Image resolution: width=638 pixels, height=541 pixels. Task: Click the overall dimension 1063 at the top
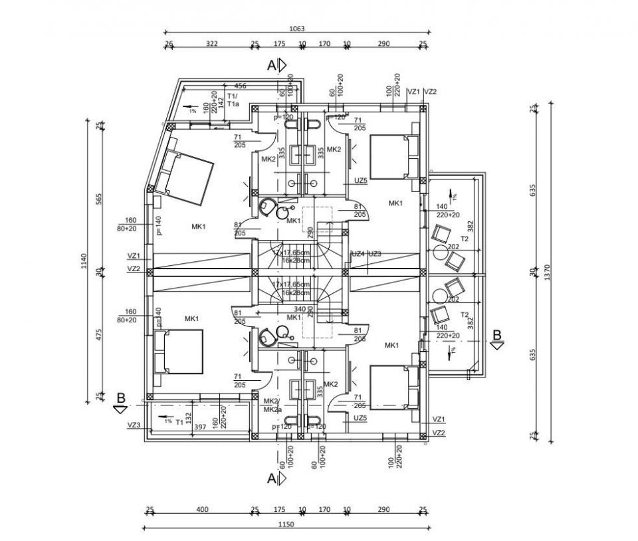[297, 28]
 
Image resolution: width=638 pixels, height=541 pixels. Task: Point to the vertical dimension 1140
[84, 264]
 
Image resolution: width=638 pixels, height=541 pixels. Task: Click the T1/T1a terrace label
[232, 100]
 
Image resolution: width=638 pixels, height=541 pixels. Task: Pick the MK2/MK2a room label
[270, 405]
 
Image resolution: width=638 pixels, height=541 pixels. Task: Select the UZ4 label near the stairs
[358, 254]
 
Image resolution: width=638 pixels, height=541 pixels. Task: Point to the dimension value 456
[240, 86]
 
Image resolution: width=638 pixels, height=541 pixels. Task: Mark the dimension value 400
[203, 510]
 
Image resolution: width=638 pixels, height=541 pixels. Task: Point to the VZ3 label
[134, 425]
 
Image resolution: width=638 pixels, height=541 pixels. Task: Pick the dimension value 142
[221, 104]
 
